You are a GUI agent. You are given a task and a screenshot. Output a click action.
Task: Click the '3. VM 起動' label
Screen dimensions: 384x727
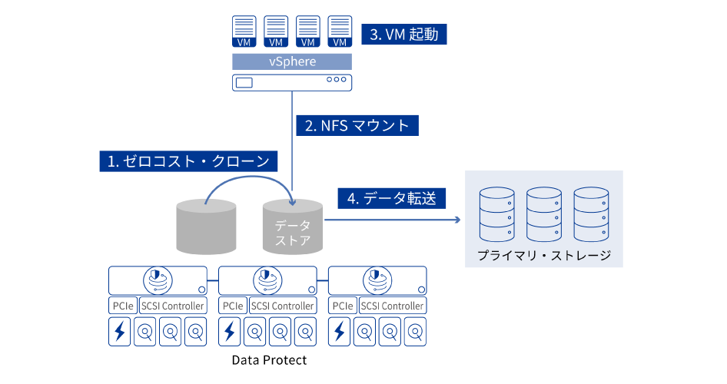coord(403,35)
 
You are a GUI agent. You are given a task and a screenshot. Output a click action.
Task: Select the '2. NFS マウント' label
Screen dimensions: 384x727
coord(357,125)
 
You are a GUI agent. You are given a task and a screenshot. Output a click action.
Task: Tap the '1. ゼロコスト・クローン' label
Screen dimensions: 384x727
coord(188,161)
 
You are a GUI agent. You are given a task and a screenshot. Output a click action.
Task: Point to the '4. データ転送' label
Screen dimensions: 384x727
coord(391,198)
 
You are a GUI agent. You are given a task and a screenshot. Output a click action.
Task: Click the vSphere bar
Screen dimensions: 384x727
coord(292,61)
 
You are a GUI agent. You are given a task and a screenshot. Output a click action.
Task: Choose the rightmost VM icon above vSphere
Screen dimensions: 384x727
coord(340,31)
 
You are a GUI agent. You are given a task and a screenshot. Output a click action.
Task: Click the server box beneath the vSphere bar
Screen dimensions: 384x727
coord(292,81)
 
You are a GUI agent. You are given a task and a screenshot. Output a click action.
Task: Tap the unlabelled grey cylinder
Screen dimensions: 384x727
coord(205,226)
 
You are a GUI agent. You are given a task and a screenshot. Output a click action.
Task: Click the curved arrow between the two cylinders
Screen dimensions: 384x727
coord(250,180)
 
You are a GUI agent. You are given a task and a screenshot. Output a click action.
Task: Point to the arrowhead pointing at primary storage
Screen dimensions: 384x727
coord(456,220)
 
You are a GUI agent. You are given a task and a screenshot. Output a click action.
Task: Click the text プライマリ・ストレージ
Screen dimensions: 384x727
coord(543,255)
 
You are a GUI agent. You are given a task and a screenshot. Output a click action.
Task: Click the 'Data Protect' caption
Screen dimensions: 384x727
coord(269,359)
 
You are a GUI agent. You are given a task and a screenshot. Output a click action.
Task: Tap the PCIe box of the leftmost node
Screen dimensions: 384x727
coord(122,306)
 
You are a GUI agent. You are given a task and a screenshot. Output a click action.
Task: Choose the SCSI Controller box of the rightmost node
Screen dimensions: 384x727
coord(392,306)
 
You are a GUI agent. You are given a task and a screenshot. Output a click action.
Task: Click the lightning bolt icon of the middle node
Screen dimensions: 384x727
coord(229,332)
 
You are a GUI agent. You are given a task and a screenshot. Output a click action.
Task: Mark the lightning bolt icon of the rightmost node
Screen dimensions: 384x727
coord(339,332)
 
